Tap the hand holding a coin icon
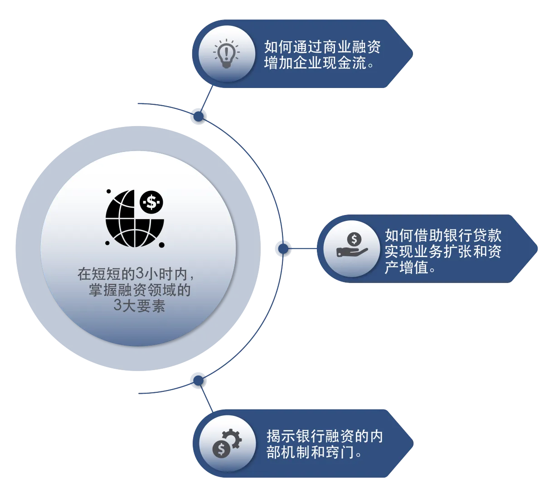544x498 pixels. point(352,245)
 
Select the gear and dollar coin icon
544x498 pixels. point(227,443)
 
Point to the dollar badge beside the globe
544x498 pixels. point(151,202)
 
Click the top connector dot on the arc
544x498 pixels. point(199,116)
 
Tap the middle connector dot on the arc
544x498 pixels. point(283,248)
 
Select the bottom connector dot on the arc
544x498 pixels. point(198,380)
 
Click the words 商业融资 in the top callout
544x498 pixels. point(351,47)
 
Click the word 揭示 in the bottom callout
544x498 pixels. point(281,436)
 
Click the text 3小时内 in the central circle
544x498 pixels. point(161,274)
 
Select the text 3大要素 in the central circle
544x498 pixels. point(139,306)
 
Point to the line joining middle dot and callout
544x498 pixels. point(304,248)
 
